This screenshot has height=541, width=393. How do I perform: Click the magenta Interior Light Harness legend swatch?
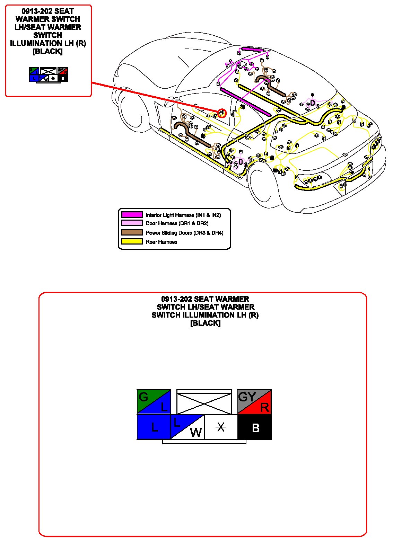[x=132, y=215]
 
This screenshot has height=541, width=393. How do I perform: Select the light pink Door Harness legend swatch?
[x=132, y=223]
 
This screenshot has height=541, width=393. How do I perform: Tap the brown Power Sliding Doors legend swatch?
[x=132, y=232]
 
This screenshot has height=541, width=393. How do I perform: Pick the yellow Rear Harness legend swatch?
[x=132, y=241]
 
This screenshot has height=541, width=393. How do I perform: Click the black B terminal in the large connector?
[x=255, y=427]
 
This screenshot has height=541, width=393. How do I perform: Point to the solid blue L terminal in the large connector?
[x=154, y=427]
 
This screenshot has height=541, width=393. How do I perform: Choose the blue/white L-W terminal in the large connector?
[x=187, y=427]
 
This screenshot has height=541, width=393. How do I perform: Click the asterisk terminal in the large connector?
[x=221, y=427]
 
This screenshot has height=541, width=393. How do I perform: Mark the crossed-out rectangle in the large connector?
[x=204, y=402]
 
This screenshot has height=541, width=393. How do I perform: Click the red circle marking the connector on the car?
[x=222, y=113]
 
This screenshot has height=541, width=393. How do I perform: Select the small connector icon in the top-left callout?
[x=49, y=74]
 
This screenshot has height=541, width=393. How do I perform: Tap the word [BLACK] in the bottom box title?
[x=205, y=323]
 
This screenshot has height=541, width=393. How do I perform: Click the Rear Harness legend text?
[x=161, y=242]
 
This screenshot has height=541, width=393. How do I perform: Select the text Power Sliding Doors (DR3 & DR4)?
[x=184, y=233]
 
